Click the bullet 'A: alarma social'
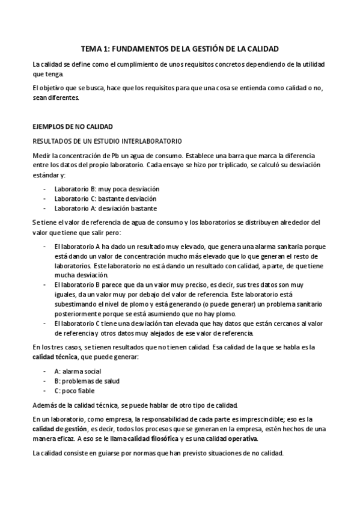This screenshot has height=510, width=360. click(78, 372)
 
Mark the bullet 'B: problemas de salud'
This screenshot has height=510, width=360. click(86, 381)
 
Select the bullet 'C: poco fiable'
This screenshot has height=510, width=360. click(75, 391)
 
